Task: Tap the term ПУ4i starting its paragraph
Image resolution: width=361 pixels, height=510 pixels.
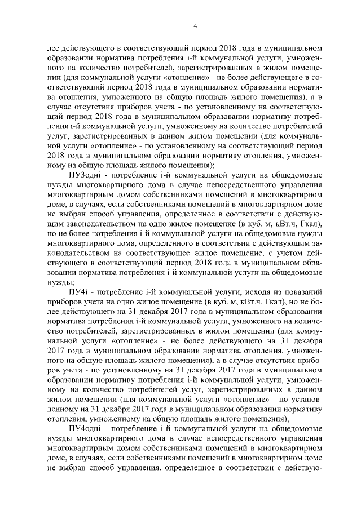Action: tap(76, 292)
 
